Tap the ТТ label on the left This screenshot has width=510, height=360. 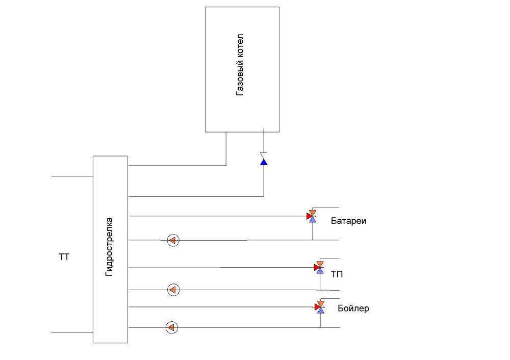(64, 257)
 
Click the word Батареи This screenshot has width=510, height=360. (349, 221)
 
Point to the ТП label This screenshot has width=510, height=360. (337, 275)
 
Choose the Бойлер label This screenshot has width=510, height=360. (353, 308)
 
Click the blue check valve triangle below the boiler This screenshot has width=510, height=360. (264, 162)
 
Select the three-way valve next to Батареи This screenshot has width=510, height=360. (312, 216)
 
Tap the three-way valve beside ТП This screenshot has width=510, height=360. (319, 267)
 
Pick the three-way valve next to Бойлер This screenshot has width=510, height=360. (320, 306)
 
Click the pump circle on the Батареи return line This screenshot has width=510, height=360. (173, 240)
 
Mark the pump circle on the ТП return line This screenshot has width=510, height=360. (173, 290)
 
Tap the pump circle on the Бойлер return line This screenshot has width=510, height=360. (172, 327)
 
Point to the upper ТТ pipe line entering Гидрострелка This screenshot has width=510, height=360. (71, 176)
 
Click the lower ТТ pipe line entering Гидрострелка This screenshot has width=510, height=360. (71, 332)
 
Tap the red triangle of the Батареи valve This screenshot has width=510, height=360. (309, 216)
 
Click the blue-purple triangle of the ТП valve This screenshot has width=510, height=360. (320, 271)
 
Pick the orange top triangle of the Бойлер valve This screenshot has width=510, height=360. (320, 303)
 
